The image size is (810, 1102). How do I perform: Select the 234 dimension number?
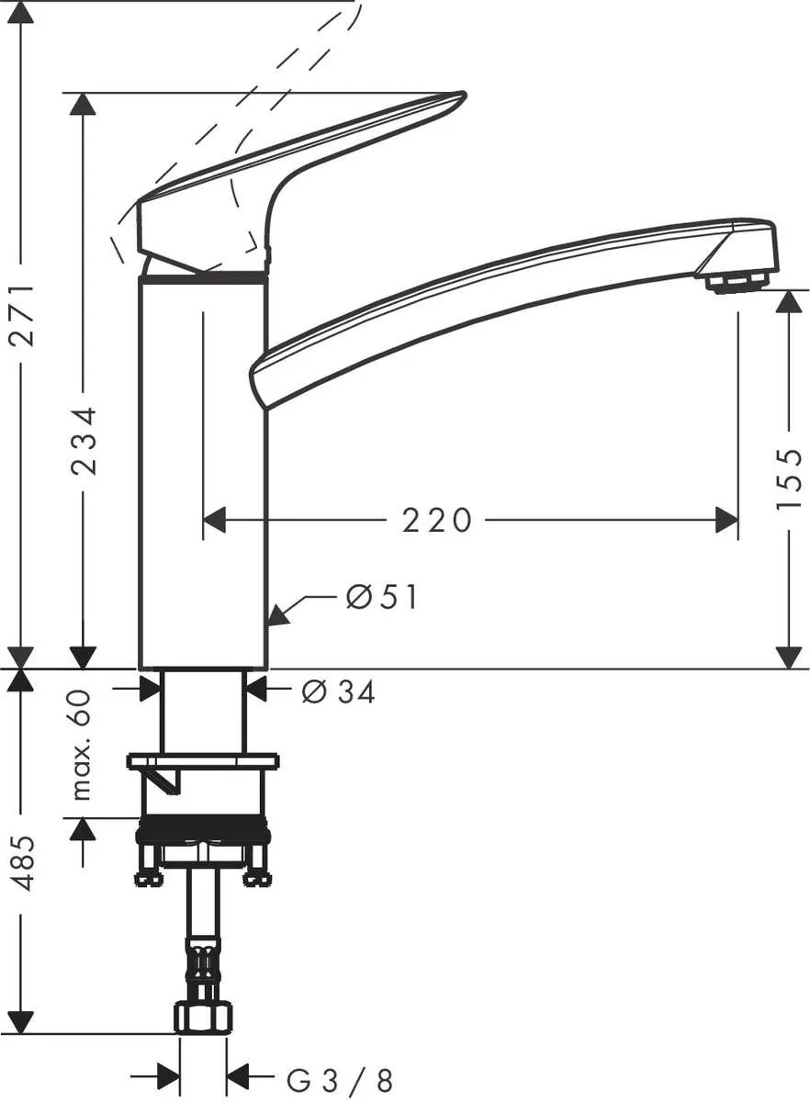(x=84, y=442)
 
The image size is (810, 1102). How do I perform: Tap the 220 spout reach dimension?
(x=437, y=521)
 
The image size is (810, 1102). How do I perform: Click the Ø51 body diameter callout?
(x=381, y=598)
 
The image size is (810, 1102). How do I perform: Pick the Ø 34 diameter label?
(x=338, y=692)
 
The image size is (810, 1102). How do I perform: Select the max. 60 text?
(x=83, y=745)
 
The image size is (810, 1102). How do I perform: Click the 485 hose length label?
(x=23, y=862)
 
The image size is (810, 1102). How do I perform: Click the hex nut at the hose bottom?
(x=202, y=1017)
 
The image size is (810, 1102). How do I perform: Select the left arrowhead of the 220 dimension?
(x=213, y=521)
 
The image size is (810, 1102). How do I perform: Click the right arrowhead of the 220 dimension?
(x=726, y=521)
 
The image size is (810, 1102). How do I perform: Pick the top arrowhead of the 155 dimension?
(x=788, y=301)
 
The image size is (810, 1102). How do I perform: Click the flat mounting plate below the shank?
(x=202, y=761)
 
